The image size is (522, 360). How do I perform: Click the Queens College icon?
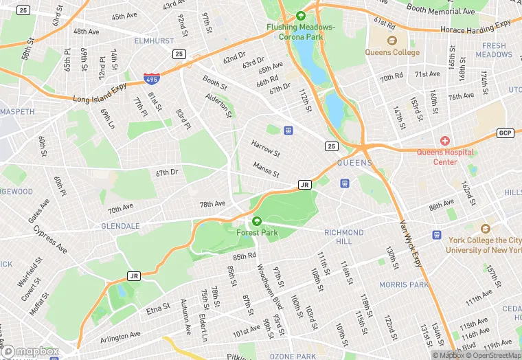coord(392,41)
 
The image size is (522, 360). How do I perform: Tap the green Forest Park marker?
coord(257,221)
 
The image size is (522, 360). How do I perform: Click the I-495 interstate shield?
coord(152,79)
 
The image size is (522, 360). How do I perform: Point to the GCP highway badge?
coord(506,133)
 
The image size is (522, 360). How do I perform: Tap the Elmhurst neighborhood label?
coord(154,41)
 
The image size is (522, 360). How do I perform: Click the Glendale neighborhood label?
coord(120,226)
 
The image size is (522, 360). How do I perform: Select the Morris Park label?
coord(404,284)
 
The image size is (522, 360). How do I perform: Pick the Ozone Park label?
coord(293,356)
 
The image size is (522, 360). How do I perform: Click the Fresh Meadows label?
coord(493,50)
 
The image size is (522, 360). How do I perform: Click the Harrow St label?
coord(265,147)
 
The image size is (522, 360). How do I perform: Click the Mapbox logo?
coord(30,351)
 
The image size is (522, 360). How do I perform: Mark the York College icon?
coord(486,229)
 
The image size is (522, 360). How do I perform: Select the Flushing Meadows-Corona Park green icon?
coord(300,16)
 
